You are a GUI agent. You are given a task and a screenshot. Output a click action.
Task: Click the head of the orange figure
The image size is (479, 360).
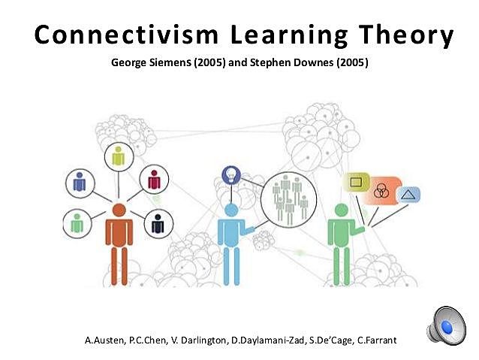tap(119, 211)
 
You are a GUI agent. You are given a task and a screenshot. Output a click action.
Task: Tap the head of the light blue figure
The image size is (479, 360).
tap(230, 210)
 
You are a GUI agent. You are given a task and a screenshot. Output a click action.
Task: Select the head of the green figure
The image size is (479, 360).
tap(342, 210)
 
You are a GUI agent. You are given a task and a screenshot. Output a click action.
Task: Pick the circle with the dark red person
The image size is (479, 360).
tap(155, 180)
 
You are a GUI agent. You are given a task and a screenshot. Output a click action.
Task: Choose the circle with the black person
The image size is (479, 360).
tap(158, 223)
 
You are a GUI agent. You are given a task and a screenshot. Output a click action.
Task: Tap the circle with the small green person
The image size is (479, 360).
tap(77, 222)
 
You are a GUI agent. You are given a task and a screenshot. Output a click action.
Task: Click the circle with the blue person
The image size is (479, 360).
tap(80, 181)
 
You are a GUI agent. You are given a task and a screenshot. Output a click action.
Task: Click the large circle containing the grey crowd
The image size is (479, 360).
tap(289, 199)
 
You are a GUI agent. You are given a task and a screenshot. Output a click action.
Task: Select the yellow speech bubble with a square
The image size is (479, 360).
tap(356, 183)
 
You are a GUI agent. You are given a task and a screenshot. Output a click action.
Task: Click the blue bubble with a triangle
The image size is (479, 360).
tap(408, 195)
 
